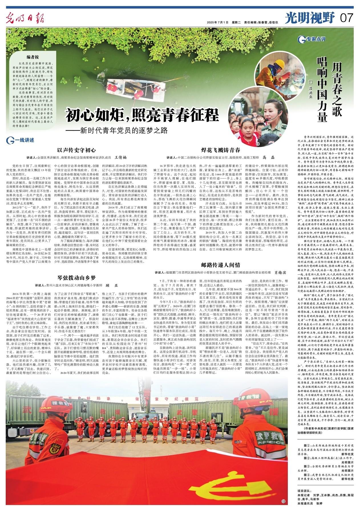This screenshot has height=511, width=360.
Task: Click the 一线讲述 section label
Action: [21, 140]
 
